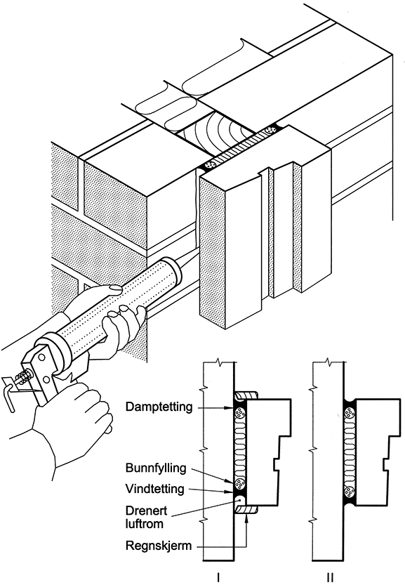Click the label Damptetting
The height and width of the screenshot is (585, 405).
pyautogui.click(x=159, y=407)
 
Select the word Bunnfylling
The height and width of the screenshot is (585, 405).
pyautogui.click(x=156, y=468)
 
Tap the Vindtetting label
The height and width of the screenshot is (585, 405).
pyautogui.click(x=154, y=489)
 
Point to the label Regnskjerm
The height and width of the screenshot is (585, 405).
pyautogui.click(x=159, y=546)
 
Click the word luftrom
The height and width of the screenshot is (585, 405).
pyautogui.click(x=145, y=524)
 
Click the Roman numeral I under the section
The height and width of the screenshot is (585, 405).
pyautogui.click(x=218, y=577)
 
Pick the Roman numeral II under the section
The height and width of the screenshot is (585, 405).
pyautogui.click(x=330, y=577)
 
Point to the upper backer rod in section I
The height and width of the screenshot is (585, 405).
pyautogui.click(x=239, y=413)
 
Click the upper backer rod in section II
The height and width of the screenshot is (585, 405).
pyautogui.click(x=349, y=413)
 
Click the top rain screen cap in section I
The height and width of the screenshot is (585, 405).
pyautogui.click(x=246, y=395)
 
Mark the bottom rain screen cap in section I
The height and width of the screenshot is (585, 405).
pyautogui.click(x=246, y=509)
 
